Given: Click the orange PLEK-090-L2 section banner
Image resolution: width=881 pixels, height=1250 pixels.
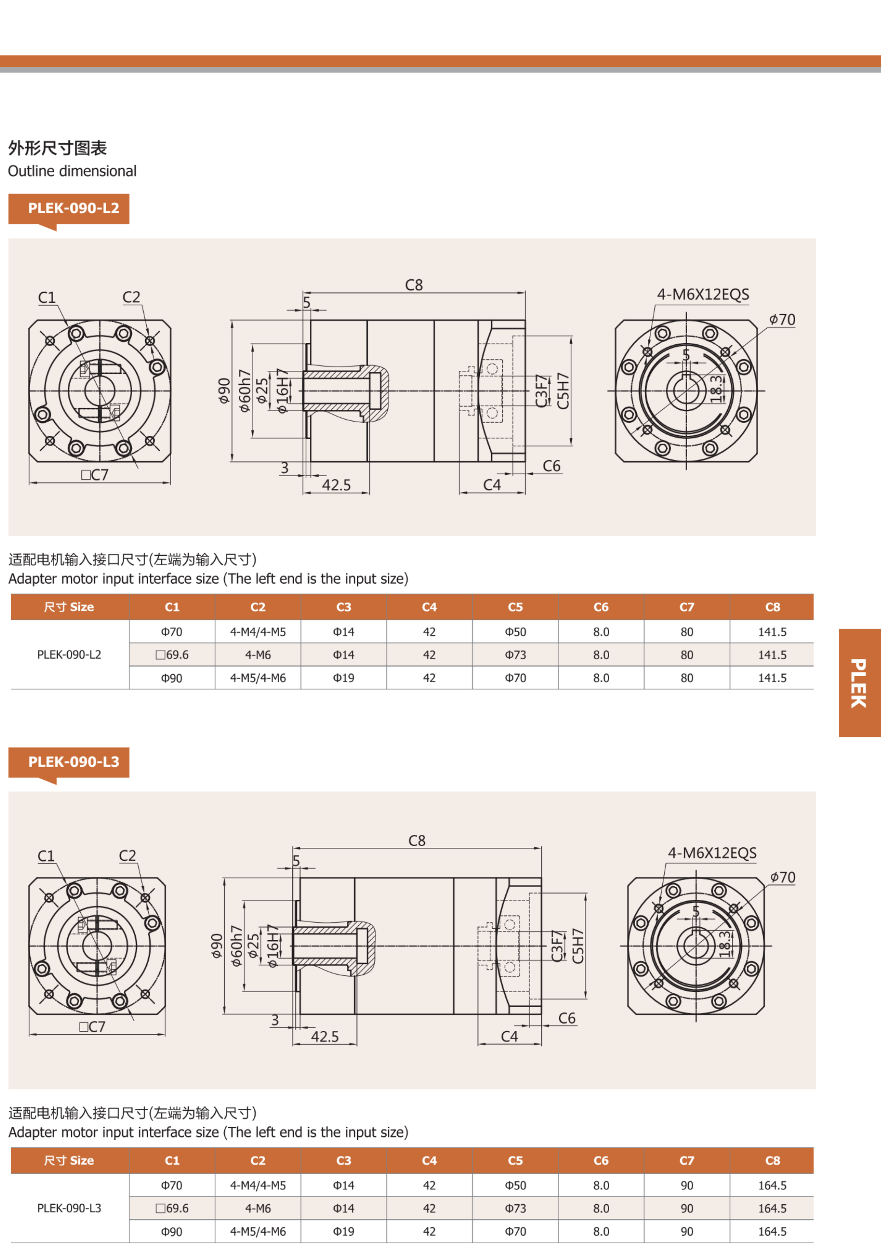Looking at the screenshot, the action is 68,209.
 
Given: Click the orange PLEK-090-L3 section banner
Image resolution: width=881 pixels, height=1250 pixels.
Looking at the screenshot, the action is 68,762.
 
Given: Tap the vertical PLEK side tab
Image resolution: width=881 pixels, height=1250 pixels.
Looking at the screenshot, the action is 860,683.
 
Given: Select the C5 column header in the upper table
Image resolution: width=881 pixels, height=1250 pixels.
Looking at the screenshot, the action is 515,607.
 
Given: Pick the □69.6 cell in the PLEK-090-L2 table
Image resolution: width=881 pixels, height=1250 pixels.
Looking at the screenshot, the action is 172,655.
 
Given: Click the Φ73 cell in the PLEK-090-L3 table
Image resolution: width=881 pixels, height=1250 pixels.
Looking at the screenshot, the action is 515,1208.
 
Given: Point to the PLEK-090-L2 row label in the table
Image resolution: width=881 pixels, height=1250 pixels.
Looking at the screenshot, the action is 69,655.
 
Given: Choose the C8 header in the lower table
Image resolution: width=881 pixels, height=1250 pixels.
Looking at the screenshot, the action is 773,1160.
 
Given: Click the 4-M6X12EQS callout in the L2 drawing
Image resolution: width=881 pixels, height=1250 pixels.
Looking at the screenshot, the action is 703,294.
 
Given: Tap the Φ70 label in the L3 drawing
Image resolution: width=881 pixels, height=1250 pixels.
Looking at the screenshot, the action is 783,878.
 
